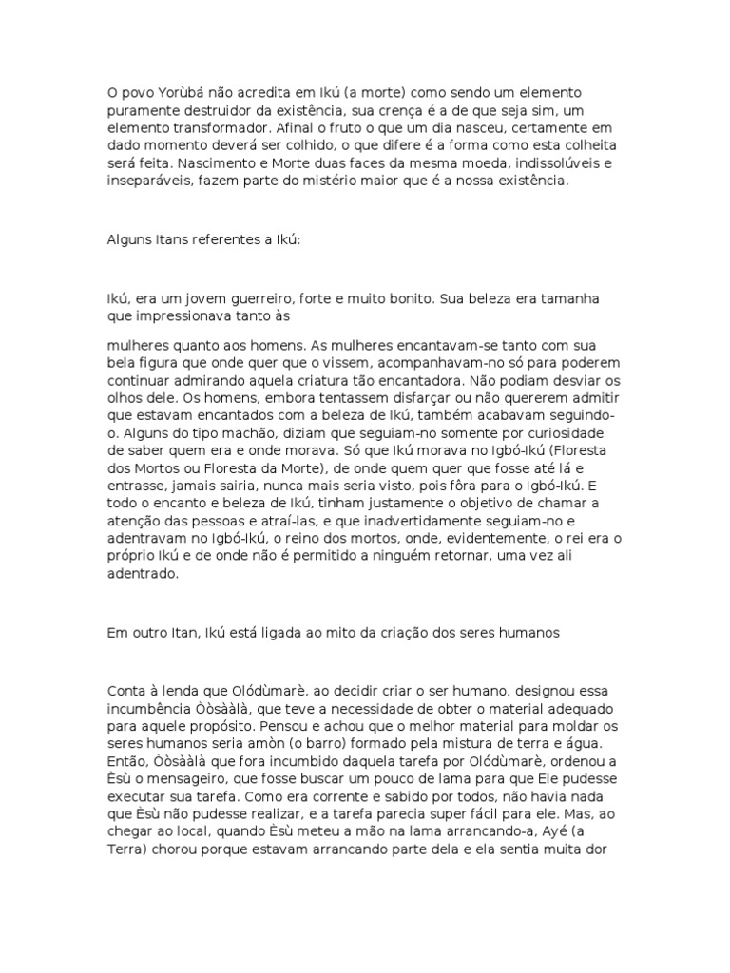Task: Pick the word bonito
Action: click(x=403, y=298)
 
